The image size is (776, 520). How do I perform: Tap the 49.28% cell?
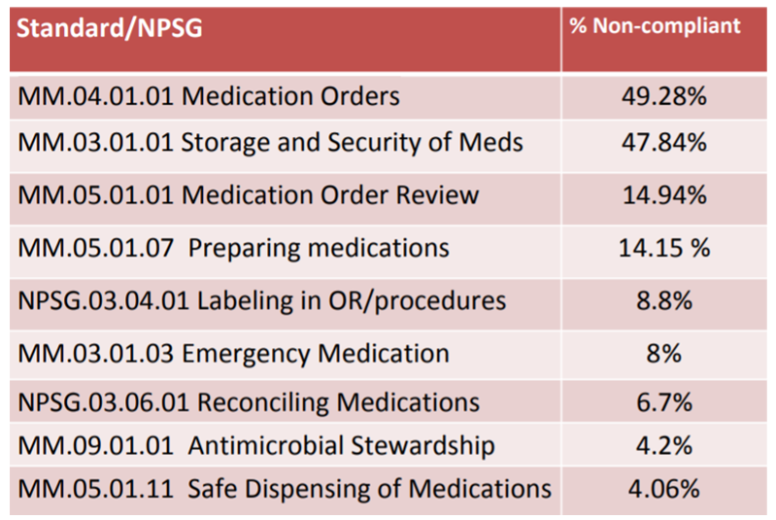point(663,97)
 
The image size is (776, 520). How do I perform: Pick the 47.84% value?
point(663,143)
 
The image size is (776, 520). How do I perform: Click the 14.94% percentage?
point(663,195)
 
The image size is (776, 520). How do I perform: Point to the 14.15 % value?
point(664,248)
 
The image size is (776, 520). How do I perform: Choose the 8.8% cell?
point(663,300)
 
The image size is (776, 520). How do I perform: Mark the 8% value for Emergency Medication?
point(663,353)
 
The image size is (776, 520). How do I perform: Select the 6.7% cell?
point(663,401)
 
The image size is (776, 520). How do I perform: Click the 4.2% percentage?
point(663,445)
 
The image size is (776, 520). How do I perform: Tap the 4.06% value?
point(663,488)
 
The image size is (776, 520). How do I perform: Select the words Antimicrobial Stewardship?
point(342,445)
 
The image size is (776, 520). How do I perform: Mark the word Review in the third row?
point(435,195)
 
